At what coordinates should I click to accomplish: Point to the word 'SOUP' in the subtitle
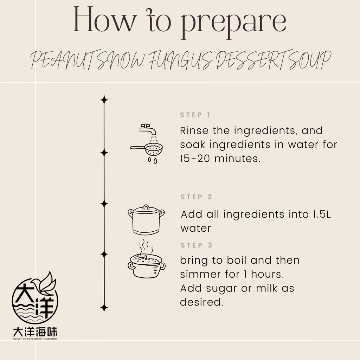pos(310,60)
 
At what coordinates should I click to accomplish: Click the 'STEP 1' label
pos(195,115)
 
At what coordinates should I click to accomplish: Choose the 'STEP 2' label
pos(196,197)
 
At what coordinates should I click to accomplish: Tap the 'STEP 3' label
pos(196,245)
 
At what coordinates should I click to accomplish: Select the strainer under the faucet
pos(147,149)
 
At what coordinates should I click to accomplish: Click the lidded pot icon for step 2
pos(146,220)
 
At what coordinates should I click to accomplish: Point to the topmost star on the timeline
pos(104,99)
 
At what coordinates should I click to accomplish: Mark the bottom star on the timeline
pos(104,308)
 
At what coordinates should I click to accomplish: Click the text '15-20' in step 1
pos(195,159)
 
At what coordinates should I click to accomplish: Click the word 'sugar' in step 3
pos(221,289)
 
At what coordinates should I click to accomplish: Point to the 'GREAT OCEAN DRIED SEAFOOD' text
pos(35,339)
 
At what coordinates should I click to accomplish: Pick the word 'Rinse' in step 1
pos(194,130)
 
